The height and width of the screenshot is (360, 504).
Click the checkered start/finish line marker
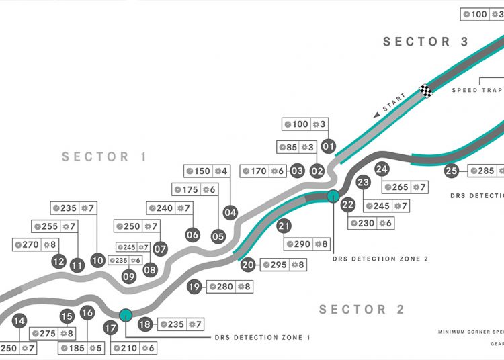[425, 90]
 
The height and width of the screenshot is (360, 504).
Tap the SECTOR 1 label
[104, 157]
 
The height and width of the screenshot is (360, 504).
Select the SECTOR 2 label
[362, 310]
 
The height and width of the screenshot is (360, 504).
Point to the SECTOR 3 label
[425, 42]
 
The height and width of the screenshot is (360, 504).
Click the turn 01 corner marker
[329, 145]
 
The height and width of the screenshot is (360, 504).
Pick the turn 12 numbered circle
[58, 261]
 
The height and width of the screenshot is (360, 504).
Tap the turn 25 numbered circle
[452, 171]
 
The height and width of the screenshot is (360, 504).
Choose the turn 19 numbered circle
[194, 287]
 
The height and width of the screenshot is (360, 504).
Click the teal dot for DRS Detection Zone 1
[125, 314]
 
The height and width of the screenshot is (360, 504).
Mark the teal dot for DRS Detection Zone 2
[332, 196]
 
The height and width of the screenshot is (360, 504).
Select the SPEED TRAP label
[474, 90]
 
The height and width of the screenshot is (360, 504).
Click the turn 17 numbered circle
[111, 329]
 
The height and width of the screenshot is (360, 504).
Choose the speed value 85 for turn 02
[292, 147]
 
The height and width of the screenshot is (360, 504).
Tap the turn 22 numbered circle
[347, 205]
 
